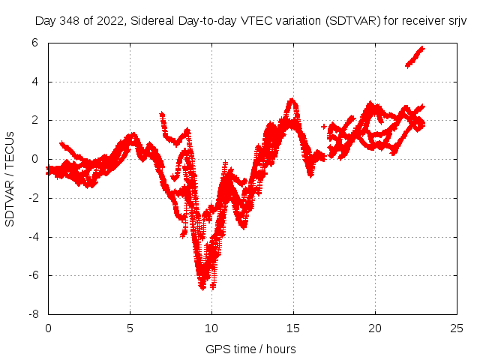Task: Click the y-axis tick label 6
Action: point(35,43)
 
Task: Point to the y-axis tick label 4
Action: point(35,82)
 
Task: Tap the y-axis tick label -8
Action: point(33,314)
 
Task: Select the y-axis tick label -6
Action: point(33,275)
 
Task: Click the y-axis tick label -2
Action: point(33,198)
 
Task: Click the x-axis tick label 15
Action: point(293,328)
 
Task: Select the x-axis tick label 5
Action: point(130,328)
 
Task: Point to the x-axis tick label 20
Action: point(375,328)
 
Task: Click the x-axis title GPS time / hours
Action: point(250,349)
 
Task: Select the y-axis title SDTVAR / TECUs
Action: point(10,178)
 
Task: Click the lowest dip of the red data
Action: point(202,286)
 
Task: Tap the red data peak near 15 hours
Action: point(292,100)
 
